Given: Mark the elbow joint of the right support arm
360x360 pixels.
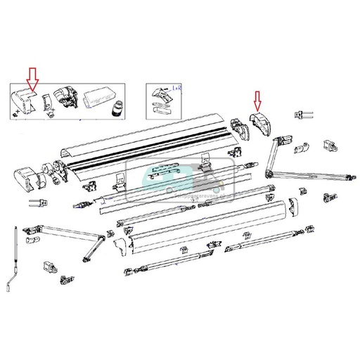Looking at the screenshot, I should (268, 173).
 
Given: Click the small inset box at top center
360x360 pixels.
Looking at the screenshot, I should (163, 101).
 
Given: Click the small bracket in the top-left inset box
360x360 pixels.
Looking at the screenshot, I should (47, 103).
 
